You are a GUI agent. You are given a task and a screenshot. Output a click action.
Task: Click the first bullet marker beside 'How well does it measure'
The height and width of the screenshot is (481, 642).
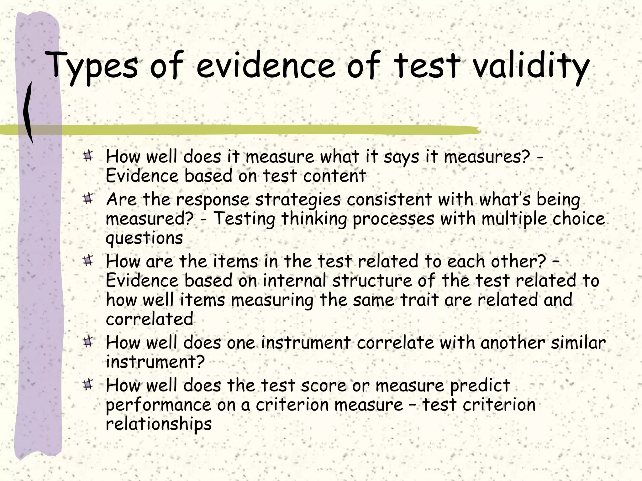coord(88,156)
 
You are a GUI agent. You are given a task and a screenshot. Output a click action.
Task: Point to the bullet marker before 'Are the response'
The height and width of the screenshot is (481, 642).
coord(88,199)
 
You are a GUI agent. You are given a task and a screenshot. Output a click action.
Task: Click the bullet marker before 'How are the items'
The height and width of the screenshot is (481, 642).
coord(88,260)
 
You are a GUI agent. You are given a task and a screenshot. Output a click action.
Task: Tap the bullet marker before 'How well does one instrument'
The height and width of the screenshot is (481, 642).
coord(88,341)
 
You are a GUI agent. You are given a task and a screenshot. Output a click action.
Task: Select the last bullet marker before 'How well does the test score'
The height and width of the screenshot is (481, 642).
coord(88,384)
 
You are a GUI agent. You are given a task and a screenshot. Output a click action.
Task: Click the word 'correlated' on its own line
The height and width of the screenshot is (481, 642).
coord(150,319)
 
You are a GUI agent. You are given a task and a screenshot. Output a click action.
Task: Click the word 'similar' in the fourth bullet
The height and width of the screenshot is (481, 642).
coord(578,343)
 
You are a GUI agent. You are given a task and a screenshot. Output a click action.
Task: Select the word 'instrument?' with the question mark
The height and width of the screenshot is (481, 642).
coord(155,362)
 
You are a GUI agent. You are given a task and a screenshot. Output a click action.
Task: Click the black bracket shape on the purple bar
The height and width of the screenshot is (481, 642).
coord(28,113)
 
